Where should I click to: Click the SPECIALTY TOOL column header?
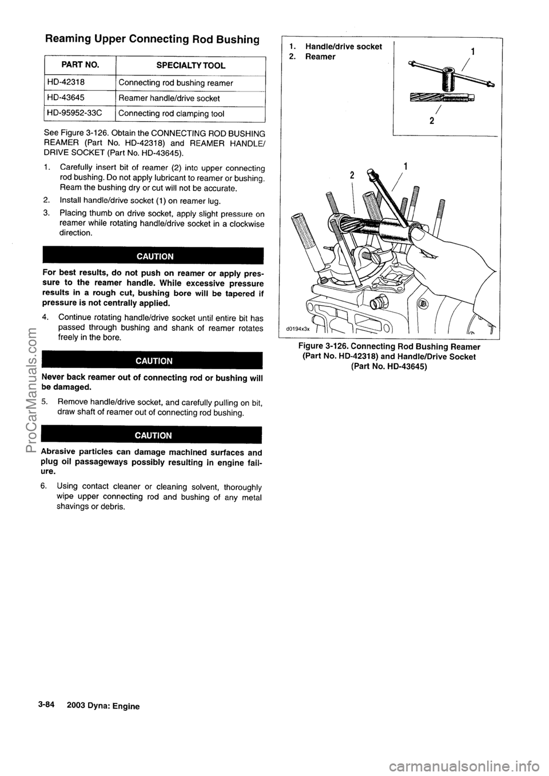[190, 66]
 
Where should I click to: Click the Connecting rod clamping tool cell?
[171, 114]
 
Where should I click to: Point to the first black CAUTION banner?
[153, 255]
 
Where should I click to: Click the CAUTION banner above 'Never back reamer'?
[153, 361]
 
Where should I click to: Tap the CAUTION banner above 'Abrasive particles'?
[153, 435]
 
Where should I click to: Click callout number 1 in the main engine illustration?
[405, 167]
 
